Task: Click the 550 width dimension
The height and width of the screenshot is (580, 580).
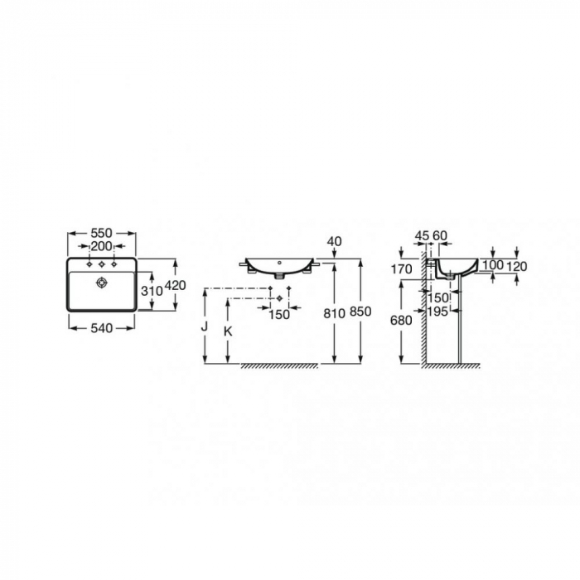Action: tap(101, 233)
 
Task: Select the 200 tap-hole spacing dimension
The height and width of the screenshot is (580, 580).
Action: tap(101, 245)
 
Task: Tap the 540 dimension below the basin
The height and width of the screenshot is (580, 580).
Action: tap(101, 328)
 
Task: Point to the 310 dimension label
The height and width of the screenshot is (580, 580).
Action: tap(152, 291)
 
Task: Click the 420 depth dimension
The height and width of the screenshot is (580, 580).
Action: tap(175, 285)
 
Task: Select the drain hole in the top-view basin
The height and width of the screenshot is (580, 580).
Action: tap(101, 283)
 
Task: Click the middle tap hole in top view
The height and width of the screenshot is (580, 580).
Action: tap(101, 264)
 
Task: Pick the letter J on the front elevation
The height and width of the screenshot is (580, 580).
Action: tap(204, 326)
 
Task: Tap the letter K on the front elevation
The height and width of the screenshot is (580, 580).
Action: tap(228, 331)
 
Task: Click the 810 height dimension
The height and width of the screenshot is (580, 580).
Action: tap(335, 313)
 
